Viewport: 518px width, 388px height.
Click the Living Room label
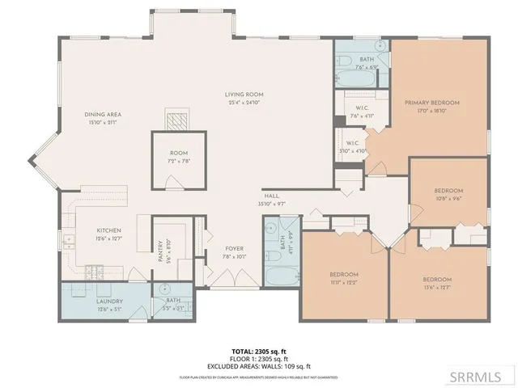pyautogui.click(x=244, y=95)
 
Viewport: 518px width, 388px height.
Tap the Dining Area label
pyautogui.click(x=103, y=115)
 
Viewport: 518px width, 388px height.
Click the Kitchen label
pyautogui.click(x=109, y=230)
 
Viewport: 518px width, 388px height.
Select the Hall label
pyautogui.click(x=272, y=196)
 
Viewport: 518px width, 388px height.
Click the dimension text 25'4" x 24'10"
pyautogui.click(x=244, y=103)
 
